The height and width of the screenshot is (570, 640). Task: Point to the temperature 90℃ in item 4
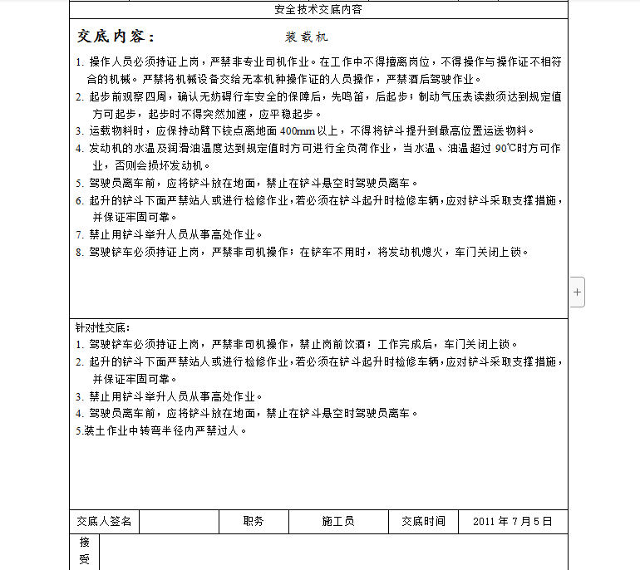tap(506, 149)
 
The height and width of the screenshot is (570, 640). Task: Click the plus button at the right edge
tap(578, 292)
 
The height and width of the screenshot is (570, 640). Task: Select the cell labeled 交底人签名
tap(104, 522)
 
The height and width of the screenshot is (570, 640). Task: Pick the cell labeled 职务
tap(254, 522)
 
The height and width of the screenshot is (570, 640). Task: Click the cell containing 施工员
tap(338, 522)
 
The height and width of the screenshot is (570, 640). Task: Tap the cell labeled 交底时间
tap(423, 522)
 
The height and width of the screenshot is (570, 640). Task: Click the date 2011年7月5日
tap(513, 522)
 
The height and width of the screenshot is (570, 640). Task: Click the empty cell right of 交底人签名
tap(179, 522)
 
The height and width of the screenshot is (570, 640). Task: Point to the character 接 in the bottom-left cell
tap(84, 543)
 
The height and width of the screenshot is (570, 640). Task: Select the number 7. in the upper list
tap(80, 235)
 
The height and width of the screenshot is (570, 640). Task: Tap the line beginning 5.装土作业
tap(162, 430)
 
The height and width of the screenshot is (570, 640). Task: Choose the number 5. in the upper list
tap(80, 184)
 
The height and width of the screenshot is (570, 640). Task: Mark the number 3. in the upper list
tap(80, 131)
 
